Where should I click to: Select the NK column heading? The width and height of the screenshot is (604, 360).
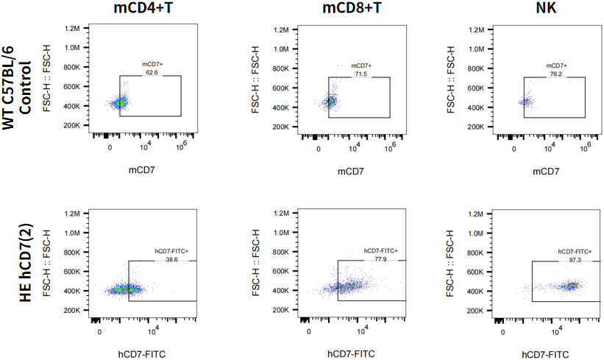point(547,10)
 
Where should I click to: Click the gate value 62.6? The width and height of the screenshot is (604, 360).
point(152,72)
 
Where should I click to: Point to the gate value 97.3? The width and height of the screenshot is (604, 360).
point(572,258)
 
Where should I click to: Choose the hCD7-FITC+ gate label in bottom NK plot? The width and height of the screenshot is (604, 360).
point(574,251)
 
